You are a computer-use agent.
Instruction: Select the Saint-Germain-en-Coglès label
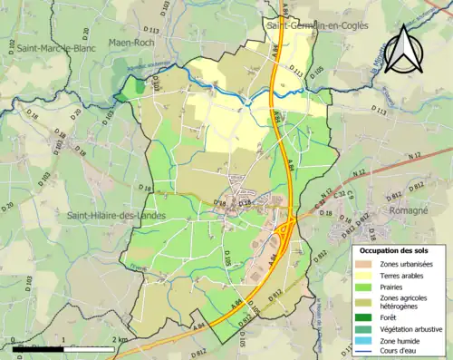[x=319, y=26]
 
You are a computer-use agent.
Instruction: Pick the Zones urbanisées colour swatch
[x=371, y=263]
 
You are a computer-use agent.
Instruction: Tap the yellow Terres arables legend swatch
[x=371, y=275]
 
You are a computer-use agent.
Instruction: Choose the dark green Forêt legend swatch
[x=371, y=316]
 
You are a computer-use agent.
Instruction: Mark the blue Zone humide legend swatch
[x=371, y=340]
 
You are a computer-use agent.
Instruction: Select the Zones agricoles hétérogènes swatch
[x=371, y=302]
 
